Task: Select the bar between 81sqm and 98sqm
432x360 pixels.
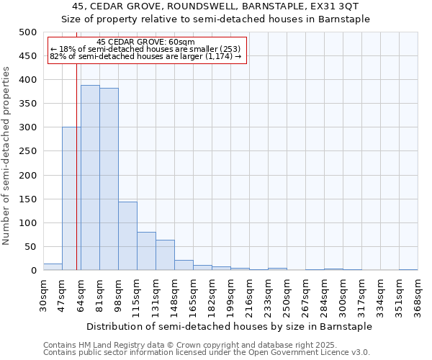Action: tap(109, 179)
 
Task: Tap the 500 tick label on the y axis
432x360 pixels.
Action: tap(28, 32)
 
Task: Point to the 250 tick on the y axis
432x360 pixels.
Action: tap(28, 151)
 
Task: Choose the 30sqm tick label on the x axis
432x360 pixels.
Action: tap(43, 296)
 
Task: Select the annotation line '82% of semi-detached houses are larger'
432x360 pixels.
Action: tap(145, 57)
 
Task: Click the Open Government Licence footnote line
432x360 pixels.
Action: tap(207, 353)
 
